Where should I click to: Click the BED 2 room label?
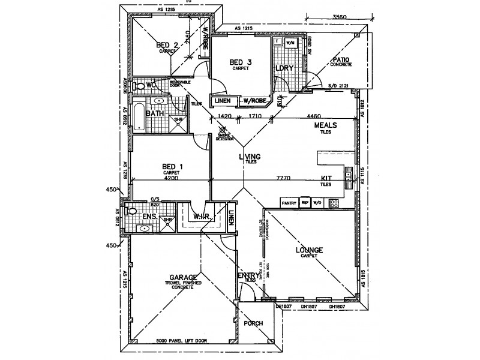coord(167,45)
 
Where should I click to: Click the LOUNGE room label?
coord(308,250)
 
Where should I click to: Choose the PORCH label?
coord(253,323)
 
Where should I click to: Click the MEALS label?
coord(326,125)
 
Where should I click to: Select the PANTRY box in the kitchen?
coord(289,202)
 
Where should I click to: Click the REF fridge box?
coord(305,202)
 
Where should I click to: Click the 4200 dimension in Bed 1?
coord(172,178)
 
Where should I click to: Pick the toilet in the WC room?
coord(140,86)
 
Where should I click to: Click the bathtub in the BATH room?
coord(138,116)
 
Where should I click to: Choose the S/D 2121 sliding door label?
coord(339,86)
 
